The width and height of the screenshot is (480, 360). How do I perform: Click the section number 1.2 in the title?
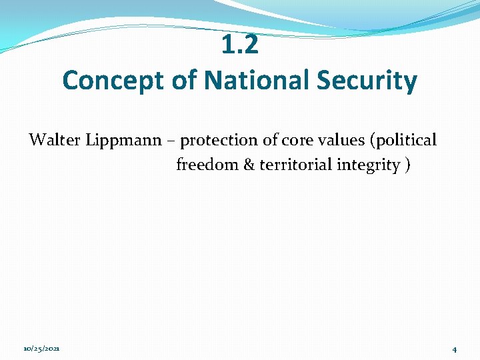(x=240, y=45)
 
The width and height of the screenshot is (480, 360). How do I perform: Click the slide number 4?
(x=454, y=349)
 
